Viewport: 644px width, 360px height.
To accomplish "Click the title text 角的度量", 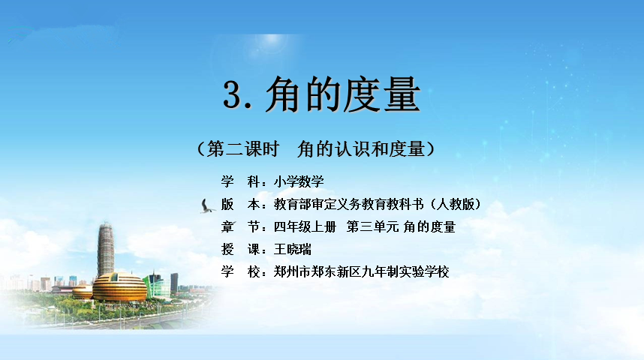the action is pos(343,94).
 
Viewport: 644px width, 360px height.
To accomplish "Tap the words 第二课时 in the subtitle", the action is pos(243,148).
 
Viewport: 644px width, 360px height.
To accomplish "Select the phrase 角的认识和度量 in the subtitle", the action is pos(361,148).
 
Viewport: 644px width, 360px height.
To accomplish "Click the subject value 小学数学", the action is pos(299,181).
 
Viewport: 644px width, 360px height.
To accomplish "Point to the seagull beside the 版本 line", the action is pos(207,206).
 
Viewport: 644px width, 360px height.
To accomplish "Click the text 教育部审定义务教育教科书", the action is pos(349,204).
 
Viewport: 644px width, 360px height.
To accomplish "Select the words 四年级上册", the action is pos(305,226).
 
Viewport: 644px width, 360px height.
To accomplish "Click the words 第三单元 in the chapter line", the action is pos(372,226).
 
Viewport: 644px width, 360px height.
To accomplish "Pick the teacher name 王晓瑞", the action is pos(293,249).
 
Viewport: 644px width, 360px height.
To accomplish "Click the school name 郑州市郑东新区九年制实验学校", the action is pos(362,271).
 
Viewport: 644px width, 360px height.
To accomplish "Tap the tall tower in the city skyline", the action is pos(106,250).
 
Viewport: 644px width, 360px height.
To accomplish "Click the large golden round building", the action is pos(119,287).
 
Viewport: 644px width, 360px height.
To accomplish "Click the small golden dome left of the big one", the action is pos(83,292).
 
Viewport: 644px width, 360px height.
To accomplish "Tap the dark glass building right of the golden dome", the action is pos(175,283).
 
